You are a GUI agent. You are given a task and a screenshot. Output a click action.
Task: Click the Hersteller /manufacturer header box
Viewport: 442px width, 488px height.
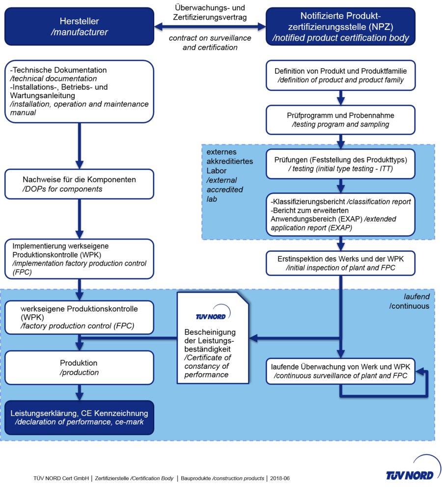click(x=80, y=27)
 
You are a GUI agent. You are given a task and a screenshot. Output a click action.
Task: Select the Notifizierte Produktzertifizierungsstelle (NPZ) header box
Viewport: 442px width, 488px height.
click(x=340, y=27)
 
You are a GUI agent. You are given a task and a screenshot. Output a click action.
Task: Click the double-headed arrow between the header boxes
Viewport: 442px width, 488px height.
click(x=210, y=26)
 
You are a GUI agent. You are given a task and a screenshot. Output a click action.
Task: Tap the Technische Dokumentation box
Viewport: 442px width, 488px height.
click(x=80, y=91)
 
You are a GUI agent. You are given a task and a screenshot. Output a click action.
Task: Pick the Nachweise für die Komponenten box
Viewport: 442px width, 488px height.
click(x=80, y=184)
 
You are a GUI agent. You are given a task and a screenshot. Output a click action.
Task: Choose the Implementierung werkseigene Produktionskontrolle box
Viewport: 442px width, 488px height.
click(x=80, y=257)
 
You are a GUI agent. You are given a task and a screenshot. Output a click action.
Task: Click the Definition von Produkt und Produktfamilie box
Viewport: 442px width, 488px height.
click(x=340, y=75)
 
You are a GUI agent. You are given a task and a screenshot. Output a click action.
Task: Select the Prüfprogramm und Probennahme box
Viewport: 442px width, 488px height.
click(x=340, y=120)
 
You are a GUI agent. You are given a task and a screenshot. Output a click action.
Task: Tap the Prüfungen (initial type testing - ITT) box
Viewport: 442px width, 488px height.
click(x=340, y=164)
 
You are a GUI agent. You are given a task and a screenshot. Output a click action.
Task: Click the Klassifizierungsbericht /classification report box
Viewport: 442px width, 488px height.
click(x=340, y=215)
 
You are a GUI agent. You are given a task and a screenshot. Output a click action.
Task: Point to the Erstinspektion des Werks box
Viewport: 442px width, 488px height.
click(x=340, y=263)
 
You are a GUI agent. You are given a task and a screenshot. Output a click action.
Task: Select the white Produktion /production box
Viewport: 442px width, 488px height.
click(x=80, y=367)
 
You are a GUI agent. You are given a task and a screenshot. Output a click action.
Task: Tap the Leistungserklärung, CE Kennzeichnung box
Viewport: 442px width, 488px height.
click(x=80, y=417)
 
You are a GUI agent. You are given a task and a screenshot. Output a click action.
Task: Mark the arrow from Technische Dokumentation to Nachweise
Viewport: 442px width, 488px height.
click(x=79, y=145)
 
